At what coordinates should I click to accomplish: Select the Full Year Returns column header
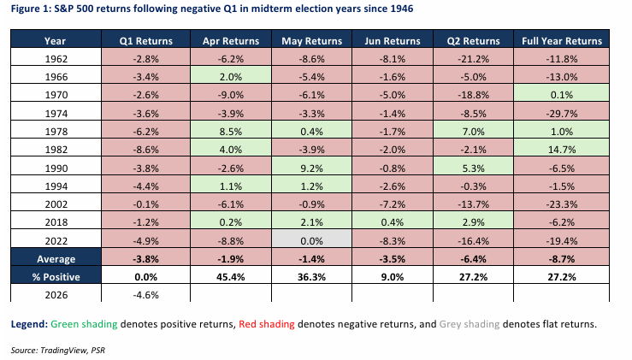click(561, 40)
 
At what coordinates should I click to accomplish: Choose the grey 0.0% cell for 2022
click(310, 241)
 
